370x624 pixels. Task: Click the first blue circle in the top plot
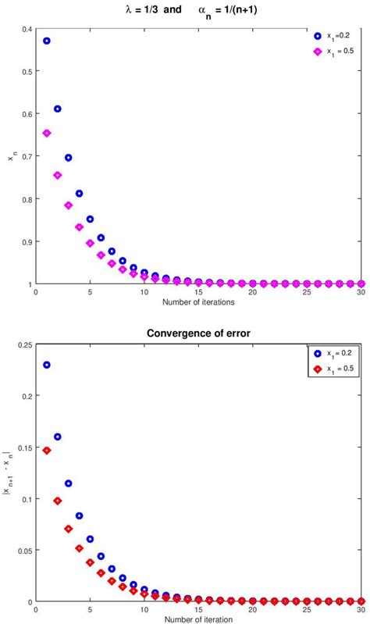(x=47, y=41)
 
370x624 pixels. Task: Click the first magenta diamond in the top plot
(x=47, y=134)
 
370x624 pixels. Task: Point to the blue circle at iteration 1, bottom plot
(x=47, y=365)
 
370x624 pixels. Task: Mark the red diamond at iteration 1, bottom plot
(x=47, y=451)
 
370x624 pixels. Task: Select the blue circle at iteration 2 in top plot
(x=58, y=109)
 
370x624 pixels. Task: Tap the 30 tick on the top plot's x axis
(x=361, y=292)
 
